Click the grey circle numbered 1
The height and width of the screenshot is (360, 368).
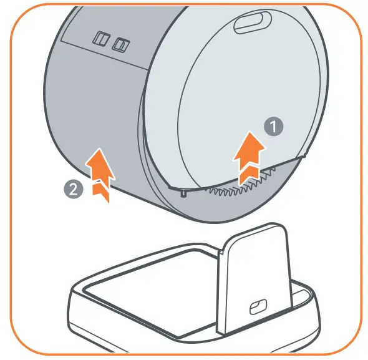273,127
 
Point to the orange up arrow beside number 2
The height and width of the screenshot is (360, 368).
99,175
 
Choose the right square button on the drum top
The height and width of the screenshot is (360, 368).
120,45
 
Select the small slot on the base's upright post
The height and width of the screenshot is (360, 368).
255,307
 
